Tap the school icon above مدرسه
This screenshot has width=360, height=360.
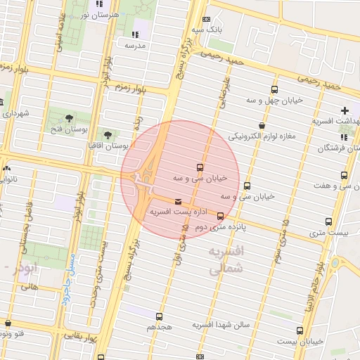(x=134, y=34)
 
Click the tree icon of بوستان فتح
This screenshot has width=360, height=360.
(x=69, y=118)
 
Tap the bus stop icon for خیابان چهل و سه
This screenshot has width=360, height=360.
(x=274, y=89)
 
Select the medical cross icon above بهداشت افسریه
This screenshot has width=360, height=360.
(x=345, y=110)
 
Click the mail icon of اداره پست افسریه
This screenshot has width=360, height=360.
(x=176, y=202)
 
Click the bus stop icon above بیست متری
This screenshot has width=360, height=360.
(x=328, y=222)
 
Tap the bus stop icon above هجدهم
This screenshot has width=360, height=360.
(x=159, y=316)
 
